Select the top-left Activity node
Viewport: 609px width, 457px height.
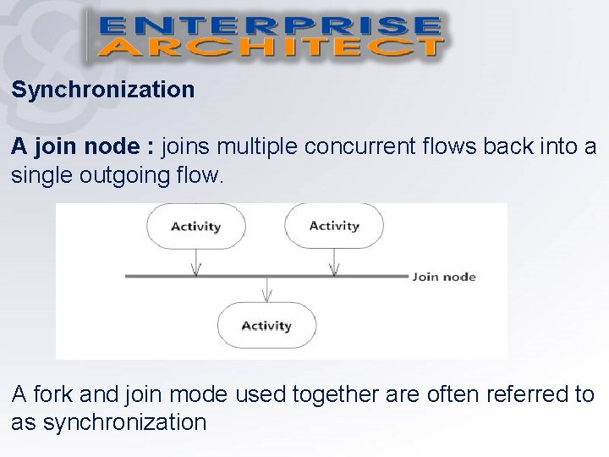pos(195,226)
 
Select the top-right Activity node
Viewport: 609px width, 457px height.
pos(334,225)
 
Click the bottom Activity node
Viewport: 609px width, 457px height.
pos(266,325)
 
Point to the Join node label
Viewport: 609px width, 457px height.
pos(444,277)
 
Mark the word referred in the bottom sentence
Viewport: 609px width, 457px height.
pos(516,394)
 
